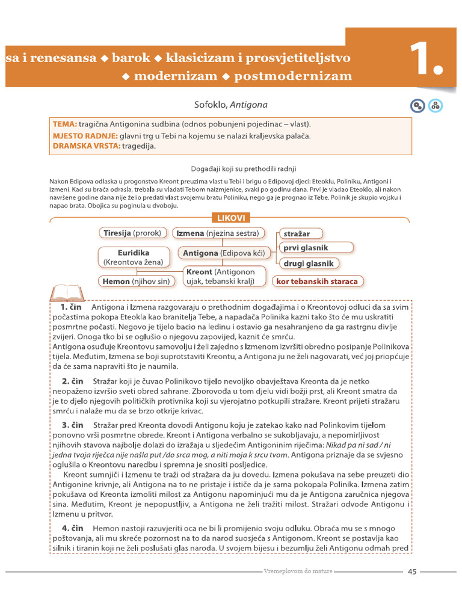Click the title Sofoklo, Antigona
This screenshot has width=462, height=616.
230,105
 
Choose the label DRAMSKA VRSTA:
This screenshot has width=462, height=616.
85,146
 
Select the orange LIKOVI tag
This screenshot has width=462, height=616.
230,218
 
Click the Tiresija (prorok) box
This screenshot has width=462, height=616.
134,233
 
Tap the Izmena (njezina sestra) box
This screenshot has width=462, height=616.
218,233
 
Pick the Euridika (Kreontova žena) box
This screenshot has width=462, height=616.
134,257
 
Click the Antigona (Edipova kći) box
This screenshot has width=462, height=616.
224,253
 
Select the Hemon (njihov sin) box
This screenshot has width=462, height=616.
137,281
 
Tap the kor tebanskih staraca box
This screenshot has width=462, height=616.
316,281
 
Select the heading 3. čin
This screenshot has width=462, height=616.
72,425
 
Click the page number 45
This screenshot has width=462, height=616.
412,571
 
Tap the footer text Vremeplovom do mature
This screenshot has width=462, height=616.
298,571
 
